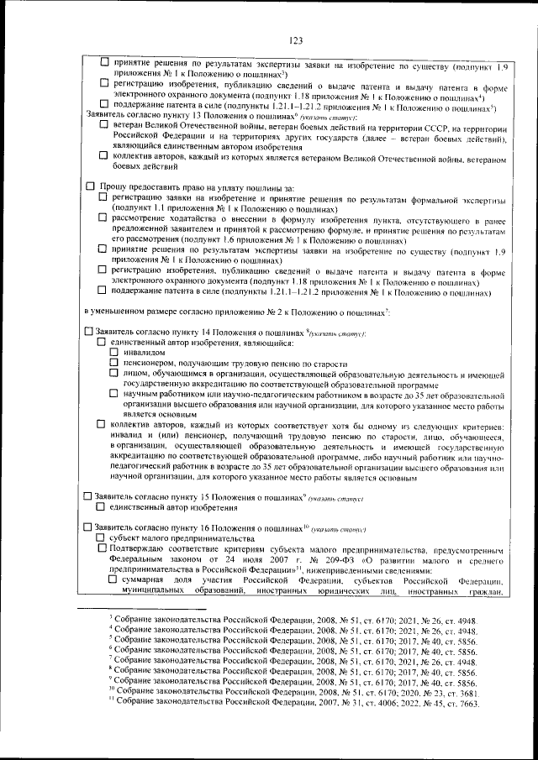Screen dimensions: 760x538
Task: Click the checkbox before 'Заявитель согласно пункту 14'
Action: [88, 333]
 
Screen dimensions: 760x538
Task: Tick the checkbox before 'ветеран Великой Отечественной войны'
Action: [102, 125]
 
